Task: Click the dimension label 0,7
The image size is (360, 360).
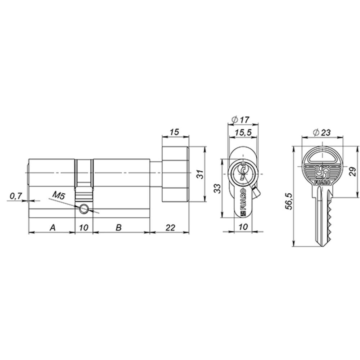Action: [x=16, y=196]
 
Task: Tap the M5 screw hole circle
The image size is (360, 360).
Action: [x=84, y=208]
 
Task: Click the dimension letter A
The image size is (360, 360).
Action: [x=53, y=228]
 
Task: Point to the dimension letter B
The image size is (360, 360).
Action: [x=118, y=228]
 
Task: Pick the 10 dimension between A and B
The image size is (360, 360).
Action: [x=84, y=228]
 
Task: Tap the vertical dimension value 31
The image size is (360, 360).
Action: [x=201, y=174]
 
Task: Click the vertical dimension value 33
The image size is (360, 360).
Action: [x=217, y=188]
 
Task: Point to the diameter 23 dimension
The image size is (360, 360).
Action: [x=321, y=132]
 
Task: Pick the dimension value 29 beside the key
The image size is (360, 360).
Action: [x=352, y=172]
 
